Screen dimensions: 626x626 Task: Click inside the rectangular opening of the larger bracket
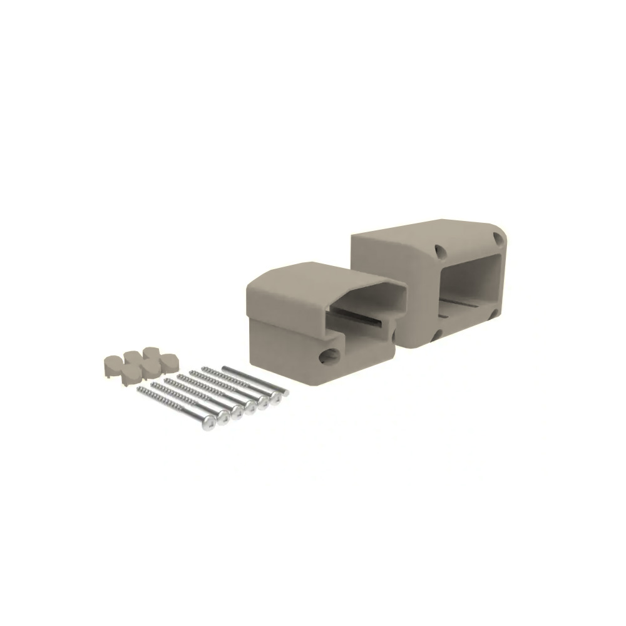[x=469, y=282]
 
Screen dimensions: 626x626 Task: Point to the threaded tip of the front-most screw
[x=141, y=391]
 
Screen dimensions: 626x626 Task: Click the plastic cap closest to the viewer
[x=131, y=374]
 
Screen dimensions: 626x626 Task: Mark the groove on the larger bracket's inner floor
[x=463, y=307]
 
